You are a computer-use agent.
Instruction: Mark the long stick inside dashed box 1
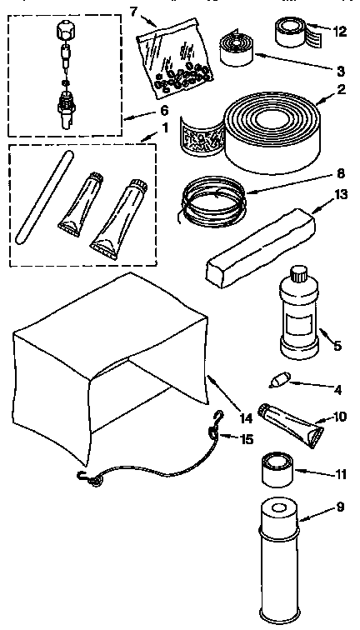tap(39, 200)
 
